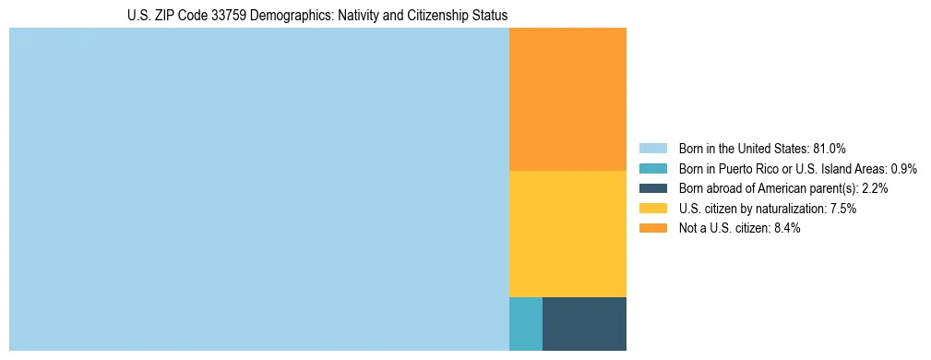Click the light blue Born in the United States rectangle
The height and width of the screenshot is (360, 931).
click(258, 189)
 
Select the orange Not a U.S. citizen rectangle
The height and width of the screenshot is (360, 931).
click(567, 99)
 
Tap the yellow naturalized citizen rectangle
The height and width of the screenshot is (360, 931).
click(567, 234)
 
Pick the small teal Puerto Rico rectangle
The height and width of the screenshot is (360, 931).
click(525, 324)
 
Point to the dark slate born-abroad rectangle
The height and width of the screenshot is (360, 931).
click(584, 324)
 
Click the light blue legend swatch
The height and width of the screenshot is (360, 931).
click(653, 149)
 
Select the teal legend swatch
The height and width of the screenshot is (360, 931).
click(653, 169)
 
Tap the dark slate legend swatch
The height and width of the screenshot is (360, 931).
click(653, 188)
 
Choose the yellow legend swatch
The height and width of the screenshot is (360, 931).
click(653, 209)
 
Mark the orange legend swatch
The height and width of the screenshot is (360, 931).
click(653, 229)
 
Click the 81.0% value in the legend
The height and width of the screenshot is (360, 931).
click(830, 149)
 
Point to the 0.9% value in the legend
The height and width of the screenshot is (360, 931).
click(903, 169)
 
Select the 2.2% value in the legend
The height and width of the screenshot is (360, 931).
click(875, 188)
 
